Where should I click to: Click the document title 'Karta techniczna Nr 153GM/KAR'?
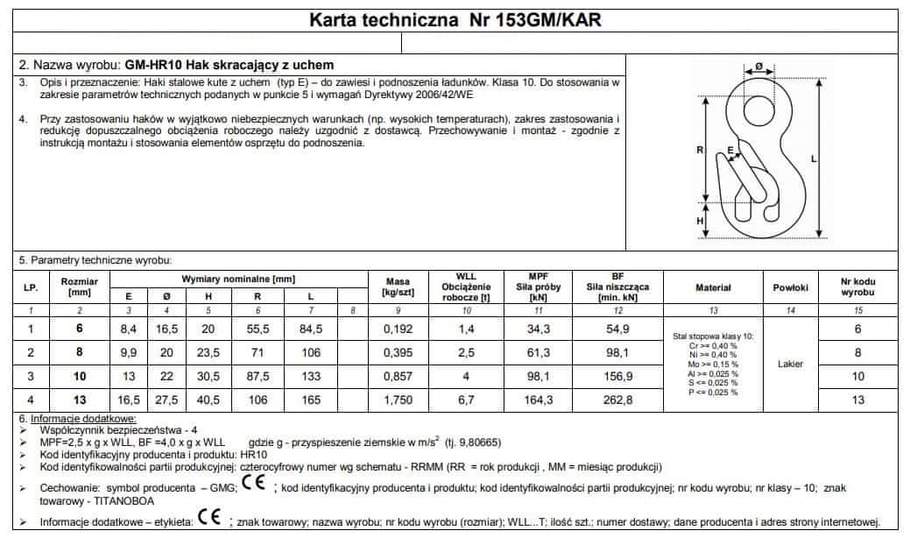coord(455,19)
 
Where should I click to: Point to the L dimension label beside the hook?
coord(814,159)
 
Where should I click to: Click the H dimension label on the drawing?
coord(700,222)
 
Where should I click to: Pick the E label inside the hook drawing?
coord(730,151)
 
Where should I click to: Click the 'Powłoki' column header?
coord(790,287)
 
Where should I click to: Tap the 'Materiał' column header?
coord(713,287)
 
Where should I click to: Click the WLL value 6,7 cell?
coord(466,400)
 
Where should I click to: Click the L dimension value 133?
coord(310,376)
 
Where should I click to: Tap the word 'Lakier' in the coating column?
coord(790,364)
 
